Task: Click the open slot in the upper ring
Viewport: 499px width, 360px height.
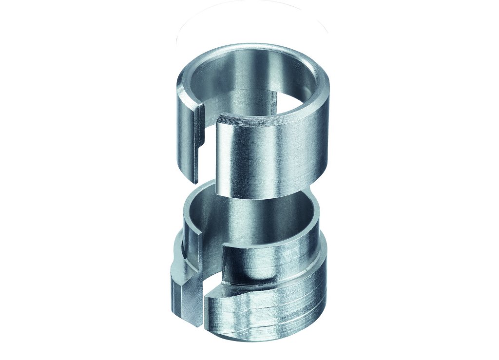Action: pos(208,146)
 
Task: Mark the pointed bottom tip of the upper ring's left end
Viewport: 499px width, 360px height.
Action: pos(195,182)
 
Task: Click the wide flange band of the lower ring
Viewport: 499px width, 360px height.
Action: pos(273,307)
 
